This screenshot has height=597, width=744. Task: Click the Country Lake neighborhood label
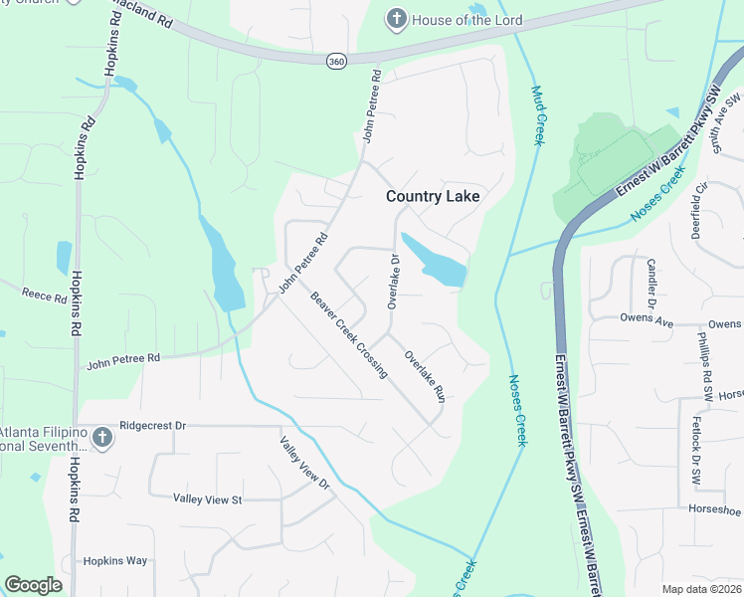coord(433,197)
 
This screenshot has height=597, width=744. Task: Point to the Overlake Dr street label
coord(393,282)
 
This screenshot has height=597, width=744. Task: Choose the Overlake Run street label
coord(424,374)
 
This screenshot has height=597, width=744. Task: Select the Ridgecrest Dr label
coord(152,425)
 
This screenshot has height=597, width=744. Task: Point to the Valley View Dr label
coord(303,464)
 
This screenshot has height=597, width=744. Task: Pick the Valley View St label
coord(208,498)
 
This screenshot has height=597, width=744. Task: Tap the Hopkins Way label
coord(114,561)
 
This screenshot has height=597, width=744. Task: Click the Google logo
coord(33,585)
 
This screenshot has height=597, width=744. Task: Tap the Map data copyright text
coord(702,589)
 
